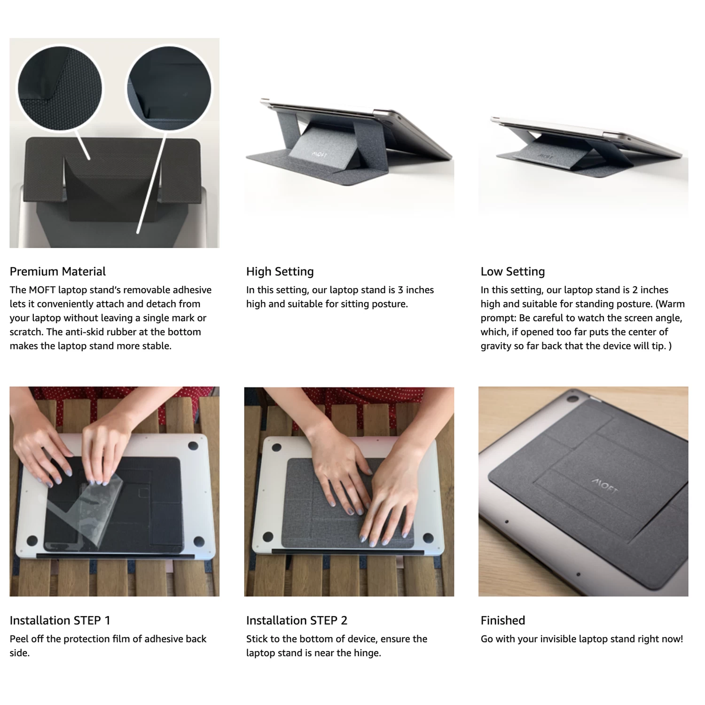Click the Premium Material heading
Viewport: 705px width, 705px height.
pyautogui.click(x=57, y=272)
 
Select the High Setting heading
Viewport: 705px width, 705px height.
pyautogui.click(x=280, y=272)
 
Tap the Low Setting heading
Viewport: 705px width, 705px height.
pyautogui.click(x=512, y=272)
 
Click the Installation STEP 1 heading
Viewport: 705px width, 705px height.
pyautogui.click(x=60, y=620)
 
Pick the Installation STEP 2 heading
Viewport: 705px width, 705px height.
pyautogui.click(x=297, y=620)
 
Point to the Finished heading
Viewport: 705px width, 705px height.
pyautogui.click(x=502, y=620)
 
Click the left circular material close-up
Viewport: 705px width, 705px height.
pyautogui.click(x=60, y=89)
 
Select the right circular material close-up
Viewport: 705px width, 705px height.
pyautogui.click(x=169, y=89)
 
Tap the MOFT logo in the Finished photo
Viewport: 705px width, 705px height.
pyautogui.click(x=604, y=486)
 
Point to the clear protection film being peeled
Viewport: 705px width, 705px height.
pyautogui.click(x=99, y=510)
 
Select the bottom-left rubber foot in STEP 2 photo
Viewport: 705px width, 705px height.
pyautogui.click(x=268, y=536)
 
